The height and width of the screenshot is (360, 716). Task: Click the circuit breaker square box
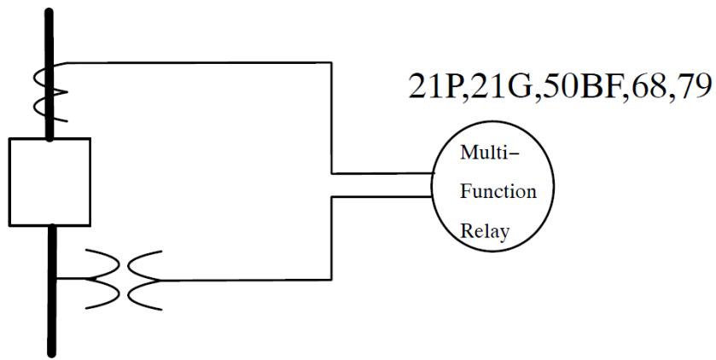(x=49, y=180)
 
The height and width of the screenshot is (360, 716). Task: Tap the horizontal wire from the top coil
(x=196, y=62)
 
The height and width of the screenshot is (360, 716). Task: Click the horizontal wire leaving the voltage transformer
(x=247, y=280)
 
